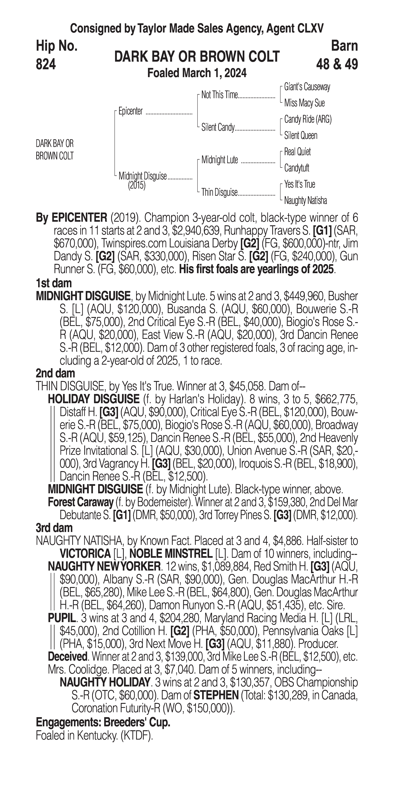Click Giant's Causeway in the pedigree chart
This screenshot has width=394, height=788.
click(307, 87)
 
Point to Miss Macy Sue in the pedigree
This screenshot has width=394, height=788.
click(304, 103)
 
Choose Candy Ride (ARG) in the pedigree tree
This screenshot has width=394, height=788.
click(308, 119)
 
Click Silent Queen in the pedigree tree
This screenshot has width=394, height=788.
click(301, 136)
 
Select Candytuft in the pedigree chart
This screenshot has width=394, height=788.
click(297, 168)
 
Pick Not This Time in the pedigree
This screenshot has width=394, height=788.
click(219, 95)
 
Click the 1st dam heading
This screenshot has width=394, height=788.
click(54, 283)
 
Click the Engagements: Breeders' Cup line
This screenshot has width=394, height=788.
click(103, 722)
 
